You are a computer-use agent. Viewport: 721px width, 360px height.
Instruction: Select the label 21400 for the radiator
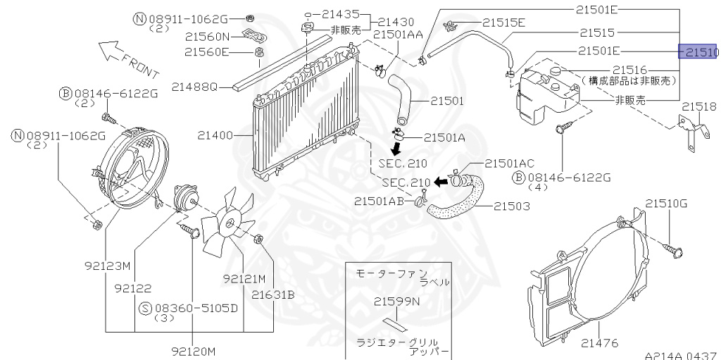pyautogui.click(x=222, y=136)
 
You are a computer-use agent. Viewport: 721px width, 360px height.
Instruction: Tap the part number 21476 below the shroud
pyautogui.click(x=599, y=342)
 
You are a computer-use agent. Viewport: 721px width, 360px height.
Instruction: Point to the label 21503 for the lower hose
pyautogui.click(x=512, y=206)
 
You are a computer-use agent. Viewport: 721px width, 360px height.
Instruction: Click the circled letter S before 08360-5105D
pyautogui.click(x=145, y=309)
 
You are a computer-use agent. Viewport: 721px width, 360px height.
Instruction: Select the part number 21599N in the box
pyautogui.click(x=396, y=302)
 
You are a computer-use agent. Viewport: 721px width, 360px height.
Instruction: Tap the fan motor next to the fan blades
pyautogui.click(x=184, y=199)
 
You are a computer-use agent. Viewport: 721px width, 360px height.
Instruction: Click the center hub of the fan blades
pyautogui.click(x=227, y=224)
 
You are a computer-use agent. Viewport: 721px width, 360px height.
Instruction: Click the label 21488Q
pyautogui.click(x=194, y=86)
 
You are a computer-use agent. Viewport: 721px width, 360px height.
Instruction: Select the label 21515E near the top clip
pyautogui.click(x=503, y=23)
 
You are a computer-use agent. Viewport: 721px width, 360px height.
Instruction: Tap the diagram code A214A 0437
pyautogui.click(x=682, y=355)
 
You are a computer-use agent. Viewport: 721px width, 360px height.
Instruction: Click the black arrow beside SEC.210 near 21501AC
pyautogui.click(x=441, y=182)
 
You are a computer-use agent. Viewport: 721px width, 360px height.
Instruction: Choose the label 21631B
pyautogui.click(x=272, y=294)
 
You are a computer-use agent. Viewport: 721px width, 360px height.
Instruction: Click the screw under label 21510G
pyautogui.click(x=673, y=250)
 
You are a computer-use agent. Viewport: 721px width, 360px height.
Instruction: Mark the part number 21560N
pyautogui.click(x=207, y=37)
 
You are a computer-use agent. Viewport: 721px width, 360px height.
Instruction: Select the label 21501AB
pyautogui.click(x=379, y=201)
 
